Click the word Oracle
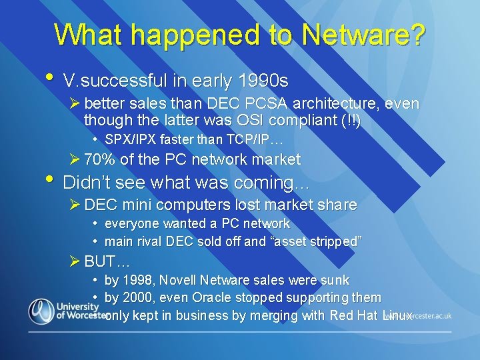point(211,298)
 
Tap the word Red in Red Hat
point(343,315)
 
